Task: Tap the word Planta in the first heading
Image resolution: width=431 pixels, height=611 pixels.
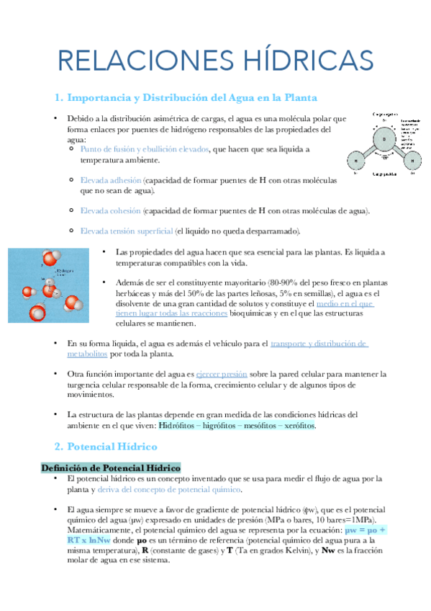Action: pos(301,97)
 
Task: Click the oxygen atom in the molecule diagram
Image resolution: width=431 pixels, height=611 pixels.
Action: pos(384,138)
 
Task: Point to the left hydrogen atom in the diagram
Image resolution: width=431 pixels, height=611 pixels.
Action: pos(355,161)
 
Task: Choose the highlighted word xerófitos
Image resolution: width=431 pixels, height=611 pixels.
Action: pos(296,426)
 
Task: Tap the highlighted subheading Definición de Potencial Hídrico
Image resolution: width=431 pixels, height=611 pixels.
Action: pos(111,467)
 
